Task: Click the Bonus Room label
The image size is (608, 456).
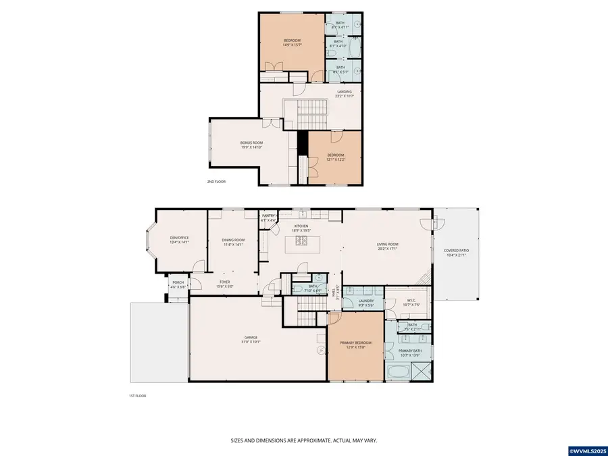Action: (251, 143)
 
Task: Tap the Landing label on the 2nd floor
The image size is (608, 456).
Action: (344, 92)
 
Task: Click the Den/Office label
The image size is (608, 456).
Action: (179, 240)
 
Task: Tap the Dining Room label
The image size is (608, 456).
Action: (233, 240)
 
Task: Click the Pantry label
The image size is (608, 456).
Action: (269, 216)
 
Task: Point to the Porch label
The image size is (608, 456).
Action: (178, 282)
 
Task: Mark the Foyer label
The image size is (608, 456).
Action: (224, 282)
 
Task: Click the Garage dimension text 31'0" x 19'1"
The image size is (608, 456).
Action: (251, 342)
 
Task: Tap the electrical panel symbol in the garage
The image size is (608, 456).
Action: (322, 350)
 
